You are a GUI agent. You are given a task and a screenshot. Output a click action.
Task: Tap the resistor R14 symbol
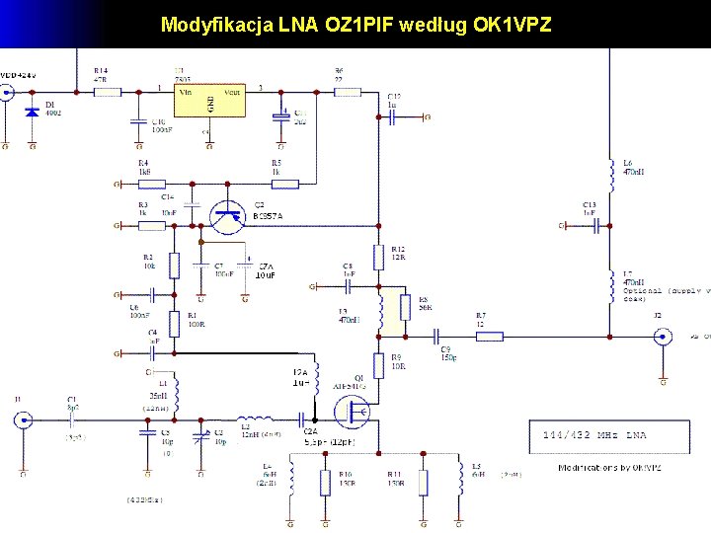point(107,91)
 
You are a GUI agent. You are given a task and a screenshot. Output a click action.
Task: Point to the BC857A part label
point(268,216)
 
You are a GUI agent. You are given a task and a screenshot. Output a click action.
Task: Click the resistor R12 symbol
point(378,258)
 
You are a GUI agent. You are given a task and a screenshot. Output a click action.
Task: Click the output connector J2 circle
point(663,337)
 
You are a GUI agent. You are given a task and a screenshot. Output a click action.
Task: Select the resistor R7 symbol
point(490,337)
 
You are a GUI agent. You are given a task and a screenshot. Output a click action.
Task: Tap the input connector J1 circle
point(22,420)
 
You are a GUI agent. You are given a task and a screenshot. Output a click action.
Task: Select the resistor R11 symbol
point(423,483)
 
